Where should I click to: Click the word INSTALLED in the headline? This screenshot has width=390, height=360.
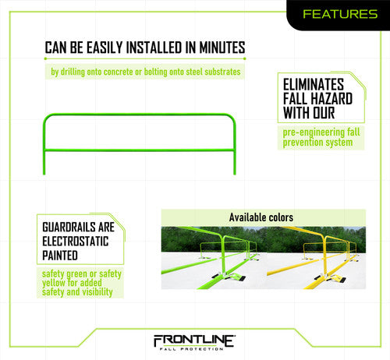click(151, 48)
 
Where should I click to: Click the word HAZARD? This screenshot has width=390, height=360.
click(335, 99)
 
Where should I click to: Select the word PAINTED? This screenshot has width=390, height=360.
click(61, 254)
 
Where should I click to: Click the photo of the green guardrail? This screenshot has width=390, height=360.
click(208, 258)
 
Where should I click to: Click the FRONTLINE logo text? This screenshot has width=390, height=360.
click(194, 340)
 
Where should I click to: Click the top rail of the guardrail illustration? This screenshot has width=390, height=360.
click(140, 116)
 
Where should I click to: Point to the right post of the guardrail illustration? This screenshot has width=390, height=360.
click(236, 148)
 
